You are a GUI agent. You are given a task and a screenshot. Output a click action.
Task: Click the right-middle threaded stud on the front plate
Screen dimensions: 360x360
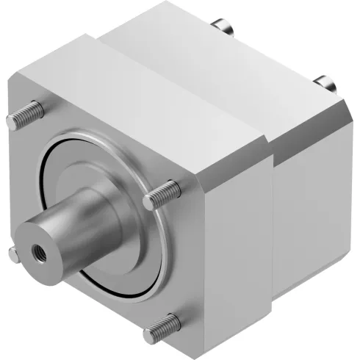[160, 192]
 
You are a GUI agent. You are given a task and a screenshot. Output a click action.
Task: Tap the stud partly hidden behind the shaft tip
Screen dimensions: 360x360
[15, 253]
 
